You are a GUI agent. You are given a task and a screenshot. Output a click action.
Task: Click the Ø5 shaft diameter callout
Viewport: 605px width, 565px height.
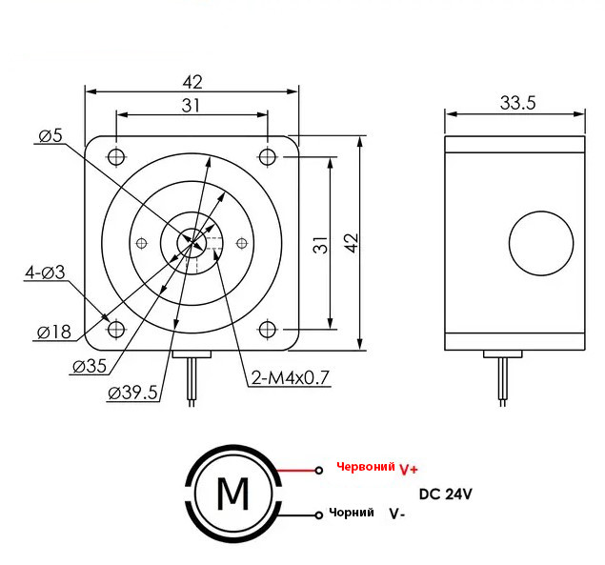[50, 135]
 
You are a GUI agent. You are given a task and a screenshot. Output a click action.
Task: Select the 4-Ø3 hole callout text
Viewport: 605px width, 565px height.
[45, 272]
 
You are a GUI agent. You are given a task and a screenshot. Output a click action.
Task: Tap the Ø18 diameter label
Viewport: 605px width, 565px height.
[54, 332]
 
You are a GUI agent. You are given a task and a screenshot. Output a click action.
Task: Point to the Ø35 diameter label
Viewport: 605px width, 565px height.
[90, 366]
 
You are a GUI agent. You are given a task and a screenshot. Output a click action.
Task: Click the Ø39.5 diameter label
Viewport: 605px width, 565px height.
[132, 393]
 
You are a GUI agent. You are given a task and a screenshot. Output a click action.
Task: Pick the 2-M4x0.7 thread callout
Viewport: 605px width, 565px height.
[291, 377]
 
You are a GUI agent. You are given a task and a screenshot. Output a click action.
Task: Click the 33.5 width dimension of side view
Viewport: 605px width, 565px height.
[517, 103]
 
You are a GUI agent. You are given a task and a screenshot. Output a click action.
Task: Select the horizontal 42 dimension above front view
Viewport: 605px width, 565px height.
[192, 82]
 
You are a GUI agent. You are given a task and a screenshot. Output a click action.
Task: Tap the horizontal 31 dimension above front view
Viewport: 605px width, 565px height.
[191, 106]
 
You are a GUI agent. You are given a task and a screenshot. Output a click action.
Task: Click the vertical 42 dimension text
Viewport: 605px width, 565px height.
[352, 243]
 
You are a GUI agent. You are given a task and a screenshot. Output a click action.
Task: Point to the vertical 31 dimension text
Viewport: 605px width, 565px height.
[320, 245]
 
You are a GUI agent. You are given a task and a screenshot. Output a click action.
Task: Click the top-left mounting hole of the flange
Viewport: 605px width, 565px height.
[116, 156]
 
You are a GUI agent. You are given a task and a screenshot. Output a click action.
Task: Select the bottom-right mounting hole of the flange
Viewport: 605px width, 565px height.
[267, 330]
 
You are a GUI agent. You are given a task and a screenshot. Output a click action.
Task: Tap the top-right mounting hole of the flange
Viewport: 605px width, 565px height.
[267, 156]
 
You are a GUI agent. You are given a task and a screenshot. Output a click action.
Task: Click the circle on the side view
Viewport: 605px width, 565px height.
[541, 212]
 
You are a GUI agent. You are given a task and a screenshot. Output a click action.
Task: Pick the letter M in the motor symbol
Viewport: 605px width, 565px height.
[233, 494]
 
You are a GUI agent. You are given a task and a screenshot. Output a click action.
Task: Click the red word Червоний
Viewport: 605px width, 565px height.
[366, 467]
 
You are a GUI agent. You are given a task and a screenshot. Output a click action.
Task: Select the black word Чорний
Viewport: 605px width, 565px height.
[352, 513]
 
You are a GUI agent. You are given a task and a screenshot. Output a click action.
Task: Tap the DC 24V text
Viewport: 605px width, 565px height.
[445, 494]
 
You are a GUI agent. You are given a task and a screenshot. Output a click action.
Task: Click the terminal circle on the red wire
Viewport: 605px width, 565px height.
[319, 471]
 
